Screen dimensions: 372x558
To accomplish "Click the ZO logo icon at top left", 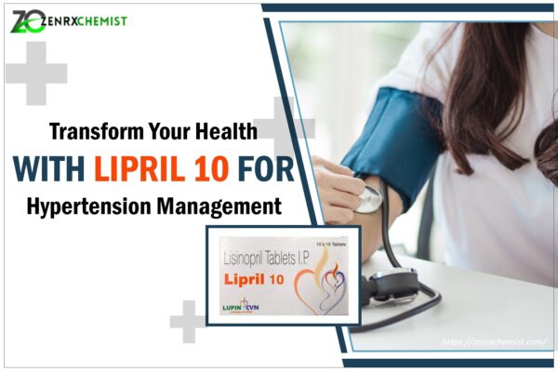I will [26, 20].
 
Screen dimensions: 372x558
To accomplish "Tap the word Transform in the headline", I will [99, 132].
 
